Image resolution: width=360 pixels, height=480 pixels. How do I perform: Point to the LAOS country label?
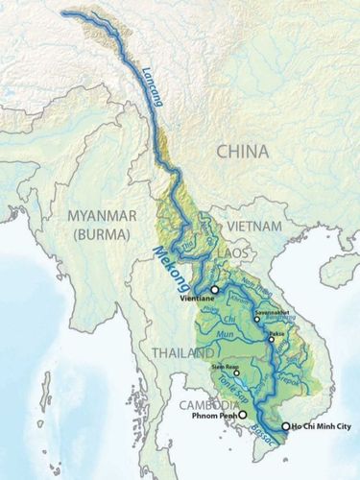250,252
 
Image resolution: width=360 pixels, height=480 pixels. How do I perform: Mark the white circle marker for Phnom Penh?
242,415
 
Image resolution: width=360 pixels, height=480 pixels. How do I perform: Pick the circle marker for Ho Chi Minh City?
285,426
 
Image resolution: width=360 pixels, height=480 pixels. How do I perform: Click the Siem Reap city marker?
236,372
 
